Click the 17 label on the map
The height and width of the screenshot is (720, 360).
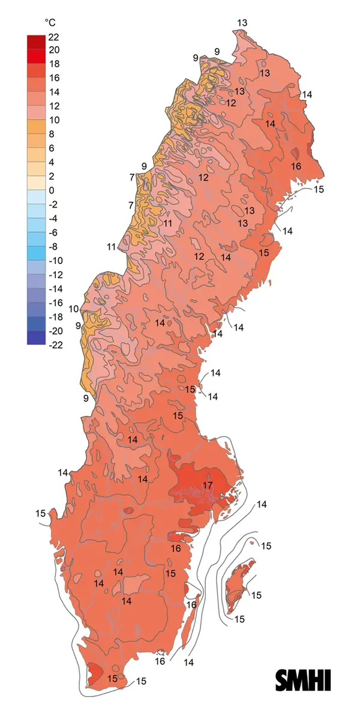click(x=208, y=485)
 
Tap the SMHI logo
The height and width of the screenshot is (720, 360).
click(x=303, y=680)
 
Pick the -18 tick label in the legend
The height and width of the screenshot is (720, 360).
click(x=55, y=317)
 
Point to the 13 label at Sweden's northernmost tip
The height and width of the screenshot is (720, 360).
click(x=242, y=23)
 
